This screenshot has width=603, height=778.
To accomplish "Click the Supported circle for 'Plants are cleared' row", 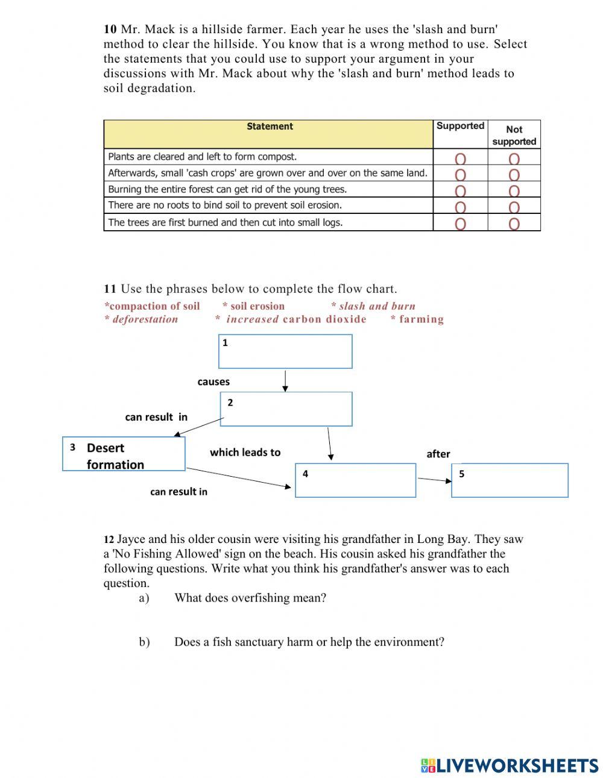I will (x=460, y=159).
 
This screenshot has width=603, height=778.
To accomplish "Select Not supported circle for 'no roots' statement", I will (x=514, y=208).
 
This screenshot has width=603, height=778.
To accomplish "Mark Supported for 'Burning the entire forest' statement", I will (x=460, y=192).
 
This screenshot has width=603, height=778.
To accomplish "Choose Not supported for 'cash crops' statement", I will (x=514, y=175).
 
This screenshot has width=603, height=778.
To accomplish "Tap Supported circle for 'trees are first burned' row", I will (x=460, y=224).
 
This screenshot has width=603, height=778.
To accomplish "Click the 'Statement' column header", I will (x=269, y=127).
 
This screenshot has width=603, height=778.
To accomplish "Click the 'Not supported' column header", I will (x=514, y=135).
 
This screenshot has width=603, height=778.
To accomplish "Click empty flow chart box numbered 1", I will (x=285, y=351).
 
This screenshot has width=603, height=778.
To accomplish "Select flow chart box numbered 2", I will (x=286, y=409).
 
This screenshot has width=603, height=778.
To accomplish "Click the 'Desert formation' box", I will (x=124, y=454).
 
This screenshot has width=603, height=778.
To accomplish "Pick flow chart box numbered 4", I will (x=355, y=480).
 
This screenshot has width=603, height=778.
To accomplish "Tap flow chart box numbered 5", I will (x=510, y=480).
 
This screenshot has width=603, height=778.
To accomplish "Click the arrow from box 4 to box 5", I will (x=434, y=480).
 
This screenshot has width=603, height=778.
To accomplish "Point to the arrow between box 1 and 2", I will (x=285, y=381).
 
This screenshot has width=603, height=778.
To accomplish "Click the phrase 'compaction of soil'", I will (x=154, y=306).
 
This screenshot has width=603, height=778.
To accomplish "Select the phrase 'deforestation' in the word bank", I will (x=144, y=319).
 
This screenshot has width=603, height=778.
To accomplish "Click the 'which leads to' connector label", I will (x=245, y=453).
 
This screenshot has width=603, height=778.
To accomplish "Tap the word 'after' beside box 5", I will (x=438, y=454).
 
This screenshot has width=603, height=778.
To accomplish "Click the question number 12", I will (x=109, y=539).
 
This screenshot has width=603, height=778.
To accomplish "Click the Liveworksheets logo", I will (x=510, y=765).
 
